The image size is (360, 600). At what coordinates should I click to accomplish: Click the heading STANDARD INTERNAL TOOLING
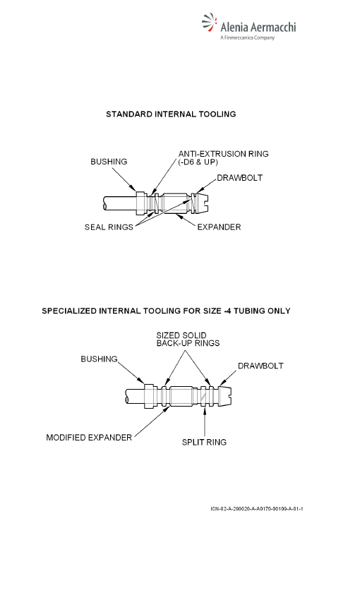click(171, 114)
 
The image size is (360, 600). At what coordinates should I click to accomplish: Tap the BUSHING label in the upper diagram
click(109, 162)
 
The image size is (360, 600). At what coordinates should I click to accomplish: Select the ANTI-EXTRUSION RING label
click(224, 154)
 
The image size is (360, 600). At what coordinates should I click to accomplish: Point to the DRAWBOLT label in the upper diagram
click(239, 178)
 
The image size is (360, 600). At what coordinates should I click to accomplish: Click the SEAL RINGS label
click(109, 227)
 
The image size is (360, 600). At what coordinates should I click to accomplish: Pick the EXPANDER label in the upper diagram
click(219, 227)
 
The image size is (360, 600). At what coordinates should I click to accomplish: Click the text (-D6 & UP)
click(198, 162)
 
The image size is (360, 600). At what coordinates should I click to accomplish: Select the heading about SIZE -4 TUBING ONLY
click(166, 311)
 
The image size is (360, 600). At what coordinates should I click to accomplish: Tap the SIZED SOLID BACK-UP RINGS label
click(188, 339)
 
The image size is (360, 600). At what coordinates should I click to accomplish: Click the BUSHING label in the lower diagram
click(99, 359)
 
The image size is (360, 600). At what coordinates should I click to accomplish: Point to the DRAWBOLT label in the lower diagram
click(260, 366)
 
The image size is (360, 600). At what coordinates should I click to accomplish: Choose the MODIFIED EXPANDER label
click(89, 438)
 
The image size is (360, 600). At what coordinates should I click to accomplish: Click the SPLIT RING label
click(204, 442)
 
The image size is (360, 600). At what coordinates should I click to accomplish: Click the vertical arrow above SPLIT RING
click(204, 422)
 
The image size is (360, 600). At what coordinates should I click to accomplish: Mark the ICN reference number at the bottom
click(257, 508)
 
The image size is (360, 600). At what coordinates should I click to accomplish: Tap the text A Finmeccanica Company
click(247, 37)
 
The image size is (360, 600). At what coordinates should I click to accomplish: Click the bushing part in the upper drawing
click(142, 203)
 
